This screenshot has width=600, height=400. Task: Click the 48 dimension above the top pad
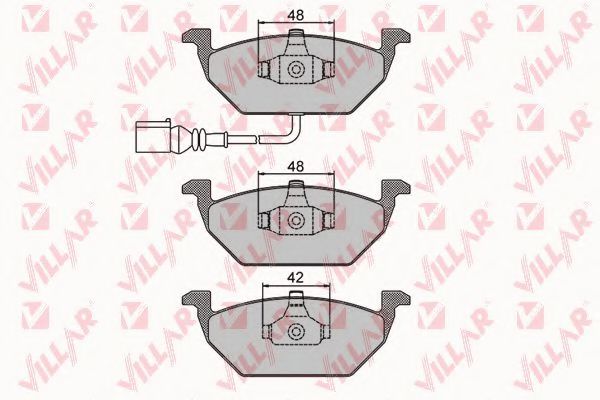pyautogui.click(x=296, y=15)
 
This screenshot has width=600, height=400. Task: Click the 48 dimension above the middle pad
pyautogui.click(x=296, y=166)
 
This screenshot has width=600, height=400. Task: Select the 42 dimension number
pyautogui.click(x=295, y=278)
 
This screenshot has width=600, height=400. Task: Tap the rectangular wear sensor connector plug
pyautogui.click(x=153, y=137)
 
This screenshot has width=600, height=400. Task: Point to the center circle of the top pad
pyautogui.click(x=296, y=69)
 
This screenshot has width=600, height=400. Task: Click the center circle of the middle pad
pyautogui.click(x=296, y=220)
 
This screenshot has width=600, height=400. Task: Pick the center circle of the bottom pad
pyautogui.click(x=296, y=331)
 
